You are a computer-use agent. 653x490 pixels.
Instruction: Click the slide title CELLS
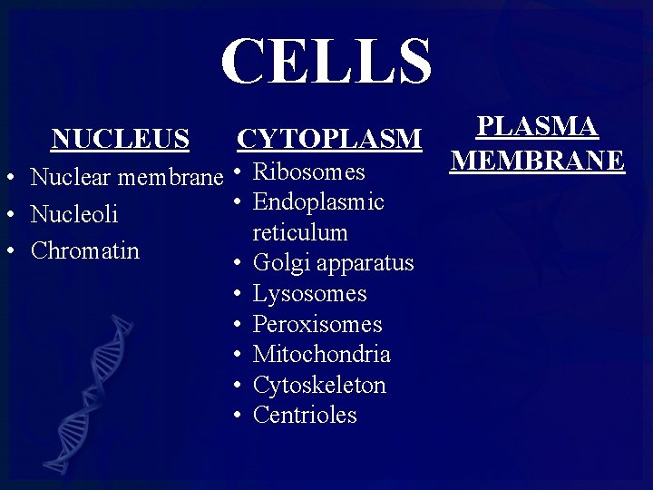click(326, 61)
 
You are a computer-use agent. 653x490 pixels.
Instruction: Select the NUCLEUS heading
click(121, 139)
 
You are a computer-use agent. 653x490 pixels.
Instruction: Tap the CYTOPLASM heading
click(329, 139)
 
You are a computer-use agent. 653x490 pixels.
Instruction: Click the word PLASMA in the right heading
click(538, 126)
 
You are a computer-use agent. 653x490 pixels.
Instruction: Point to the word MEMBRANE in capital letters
click(538, 160)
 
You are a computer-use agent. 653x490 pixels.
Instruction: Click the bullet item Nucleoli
click(74, 214)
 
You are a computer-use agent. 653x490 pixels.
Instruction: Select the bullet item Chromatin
click(85, 250)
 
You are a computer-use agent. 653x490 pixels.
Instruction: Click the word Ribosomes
click(308, 171)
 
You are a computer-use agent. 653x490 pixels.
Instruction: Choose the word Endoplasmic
click(318, 202)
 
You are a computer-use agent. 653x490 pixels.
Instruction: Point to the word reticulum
click(300, 232)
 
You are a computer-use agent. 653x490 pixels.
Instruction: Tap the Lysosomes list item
click(310, 294)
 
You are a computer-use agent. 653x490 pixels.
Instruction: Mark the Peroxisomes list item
click(317, 324)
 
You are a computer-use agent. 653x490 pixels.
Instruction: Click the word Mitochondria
click(321, 354)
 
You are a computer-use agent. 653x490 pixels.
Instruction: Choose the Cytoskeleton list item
click(319, 385)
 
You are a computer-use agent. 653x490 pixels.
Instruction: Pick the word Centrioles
click(305, 415)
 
